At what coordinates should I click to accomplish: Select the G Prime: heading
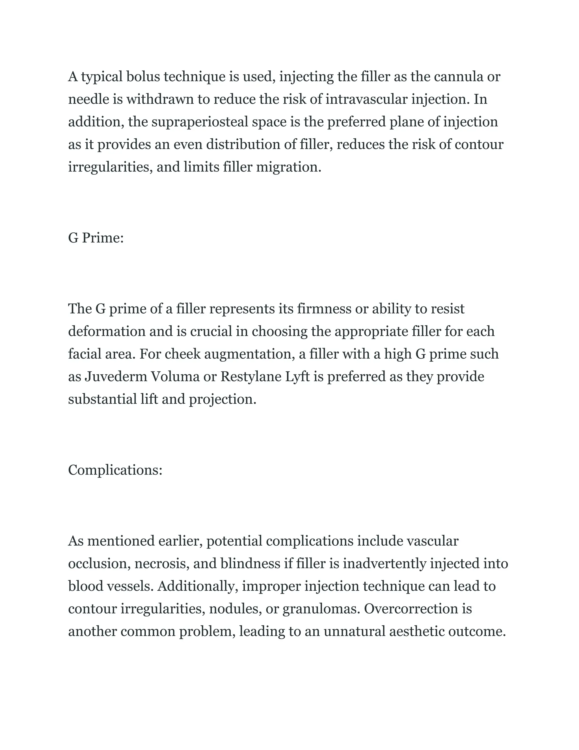pyautogui.click(x=96, y=238)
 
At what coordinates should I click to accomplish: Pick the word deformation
pyautogui.click(x=107, y=331)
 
